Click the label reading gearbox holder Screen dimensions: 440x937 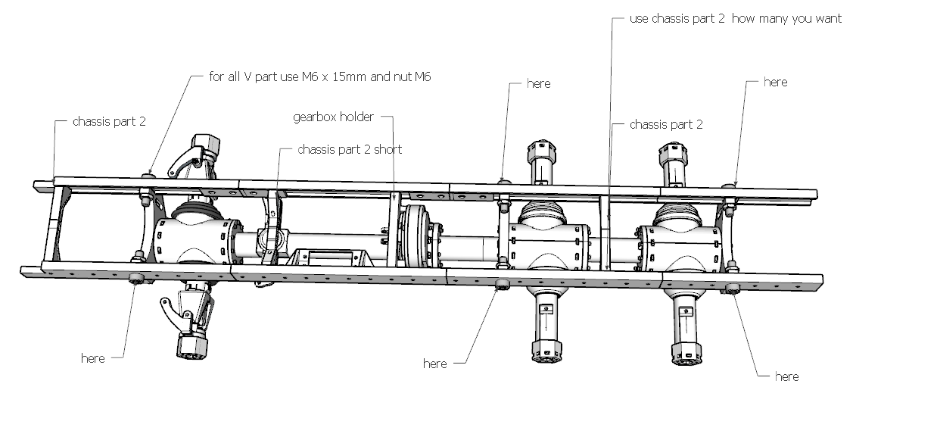pos(333,117)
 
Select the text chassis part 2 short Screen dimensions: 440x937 pos(350,149)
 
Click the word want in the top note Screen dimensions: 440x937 pos(826,18)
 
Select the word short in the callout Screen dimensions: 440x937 pos(387,149)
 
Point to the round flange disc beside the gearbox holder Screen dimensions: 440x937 pos(415,236)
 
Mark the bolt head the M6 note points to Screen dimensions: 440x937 pos(148,176)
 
